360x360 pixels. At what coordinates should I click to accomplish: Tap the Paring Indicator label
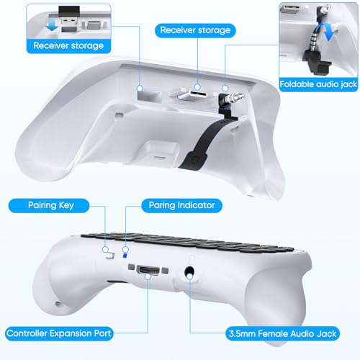[x=177, y=205]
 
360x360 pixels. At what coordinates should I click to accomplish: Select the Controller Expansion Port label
[x=69, y=333]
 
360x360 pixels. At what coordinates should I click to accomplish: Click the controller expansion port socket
[x=149, y=271]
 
